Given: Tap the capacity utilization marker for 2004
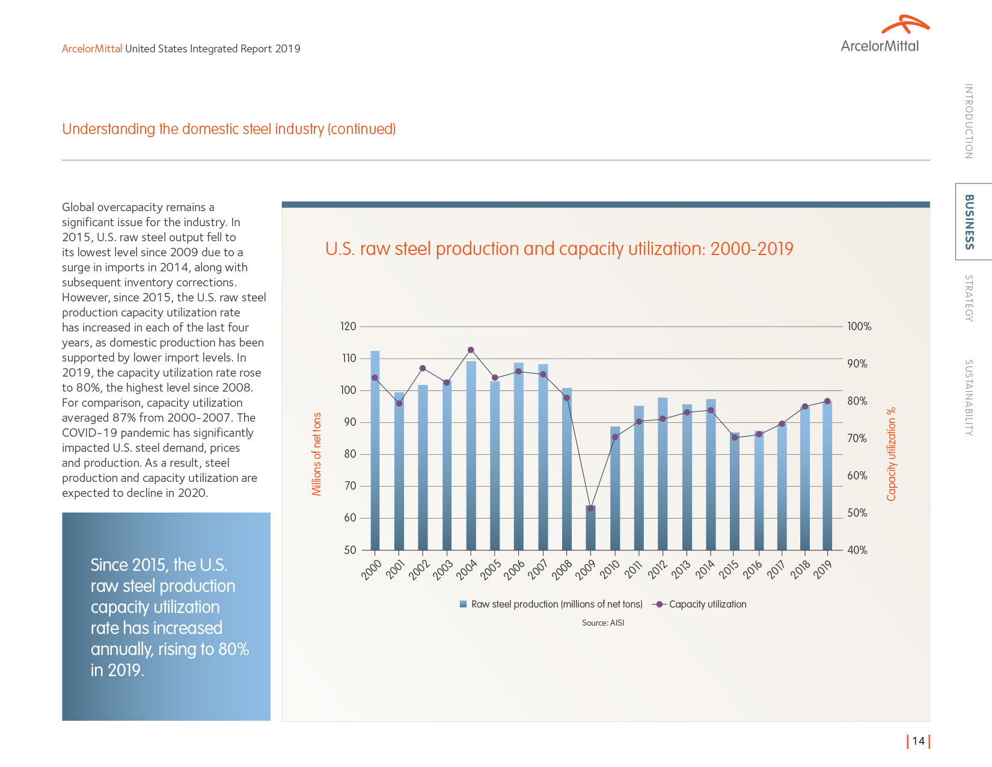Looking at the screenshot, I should tap(471, 350).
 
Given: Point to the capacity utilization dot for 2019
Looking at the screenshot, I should tap(827, 401).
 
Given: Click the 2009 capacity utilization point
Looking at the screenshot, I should tap(590, 508).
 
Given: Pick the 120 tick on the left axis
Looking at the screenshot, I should tap(348, 327).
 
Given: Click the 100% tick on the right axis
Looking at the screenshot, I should tap(859, 327).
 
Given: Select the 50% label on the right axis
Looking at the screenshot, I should tap(857, 513).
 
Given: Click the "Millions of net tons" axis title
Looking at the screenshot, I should tap(317, 454).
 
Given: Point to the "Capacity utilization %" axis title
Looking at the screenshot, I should tap(891, 454).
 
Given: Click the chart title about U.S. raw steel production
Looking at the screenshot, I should tap(559, 249).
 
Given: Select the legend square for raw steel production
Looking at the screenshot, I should tap(464, 604).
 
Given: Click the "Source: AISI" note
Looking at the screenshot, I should tap(603, 623).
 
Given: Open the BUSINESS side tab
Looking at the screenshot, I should tap(969, 221).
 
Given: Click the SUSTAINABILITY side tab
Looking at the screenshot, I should tap(969, 398).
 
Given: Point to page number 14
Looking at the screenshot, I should tap(918, 741).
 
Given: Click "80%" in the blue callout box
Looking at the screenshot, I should tap(233, 649).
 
